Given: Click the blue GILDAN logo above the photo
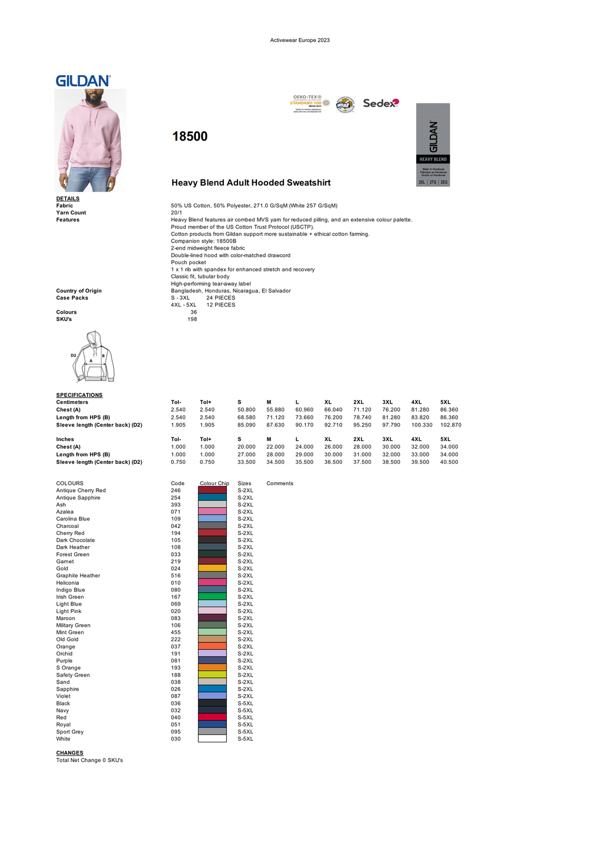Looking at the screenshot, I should [83, 81].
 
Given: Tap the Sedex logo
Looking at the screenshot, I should [380, 103].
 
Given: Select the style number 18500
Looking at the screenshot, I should [190, 136].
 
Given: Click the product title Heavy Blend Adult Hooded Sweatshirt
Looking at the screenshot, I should [251, 183].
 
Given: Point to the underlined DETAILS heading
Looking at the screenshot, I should [68, 199].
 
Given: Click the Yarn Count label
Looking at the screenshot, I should [71, 213].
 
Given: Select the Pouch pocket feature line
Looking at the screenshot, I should [188, 263].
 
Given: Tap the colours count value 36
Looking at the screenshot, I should [193, 312].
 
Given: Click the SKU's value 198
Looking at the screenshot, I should [192, 319].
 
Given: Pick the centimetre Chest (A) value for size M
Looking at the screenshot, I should [275, 410].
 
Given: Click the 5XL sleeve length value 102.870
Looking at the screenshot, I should [450, 425].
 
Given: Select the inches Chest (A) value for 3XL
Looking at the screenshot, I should [391, 447].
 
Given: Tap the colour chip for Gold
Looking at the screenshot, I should [212, 569].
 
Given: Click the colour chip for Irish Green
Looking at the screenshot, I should [212, 597].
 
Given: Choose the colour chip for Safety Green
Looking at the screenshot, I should [212, 675].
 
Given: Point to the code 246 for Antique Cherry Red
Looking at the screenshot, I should [176, 490].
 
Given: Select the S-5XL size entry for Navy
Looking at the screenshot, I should [245, 711].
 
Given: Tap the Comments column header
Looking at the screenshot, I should [280, 483].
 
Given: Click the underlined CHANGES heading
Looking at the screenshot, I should [69, 753].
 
